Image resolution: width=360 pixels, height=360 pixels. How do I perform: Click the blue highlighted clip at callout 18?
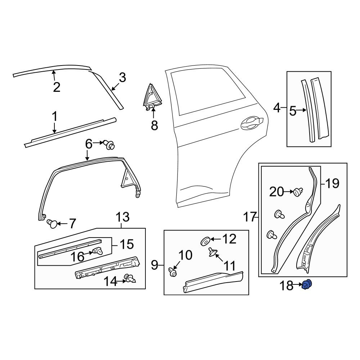tap(307, 285)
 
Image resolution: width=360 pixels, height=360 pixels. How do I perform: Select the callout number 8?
tap(154, 126)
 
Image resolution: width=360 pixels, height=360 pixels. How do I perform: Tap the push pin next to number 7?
tap(53, 224)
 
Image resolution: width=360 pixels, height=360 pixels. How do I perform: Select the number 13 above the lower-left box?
tap(122, 217)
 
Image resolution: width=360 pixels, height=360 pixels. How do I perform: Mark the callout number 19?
tap(332, 184)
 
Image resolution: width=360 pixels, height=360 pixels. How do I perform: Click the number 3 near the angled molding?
tap(122, 77)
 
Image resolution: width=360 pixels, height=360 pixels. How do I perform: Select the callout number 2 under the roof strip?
tap(57, 87)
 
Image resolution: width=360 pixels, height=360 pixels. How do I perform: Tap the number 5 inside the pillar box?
tap(293, 111)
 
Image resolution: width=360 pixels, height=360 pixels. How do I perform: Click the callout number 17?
tap(250, 217)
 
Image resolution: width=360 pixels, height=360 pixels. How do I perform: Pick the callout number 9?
tap(154, 266)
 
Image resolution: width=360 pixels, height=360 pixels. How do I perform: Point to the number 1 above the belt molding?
tap(55, 116)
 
